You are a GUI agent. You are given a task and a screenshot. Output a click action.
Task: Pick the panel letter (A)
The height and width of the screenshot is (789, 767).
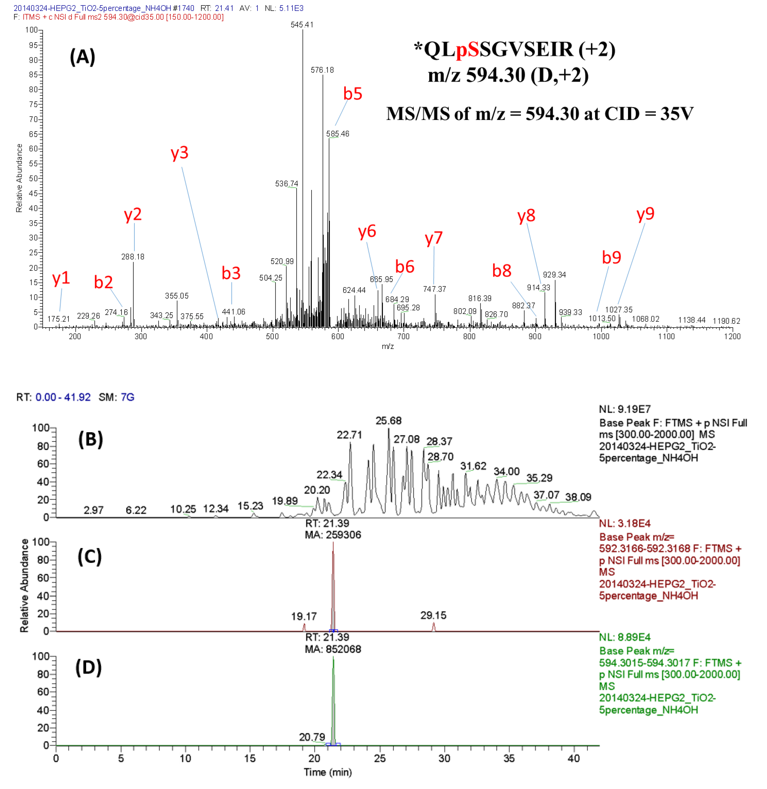coord(83,57)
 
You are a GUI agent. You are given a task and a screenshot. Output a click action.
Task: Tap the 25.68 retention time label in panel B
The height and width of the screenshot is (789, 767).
coord(389,421)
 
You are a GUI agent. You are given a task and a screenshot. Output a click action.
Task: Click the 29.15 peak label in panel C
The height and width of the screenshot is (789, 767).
coord(433,615)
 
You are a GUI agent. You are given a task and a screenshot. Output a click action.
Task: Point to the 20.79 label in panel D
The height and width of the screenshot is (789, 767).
coord(312,737)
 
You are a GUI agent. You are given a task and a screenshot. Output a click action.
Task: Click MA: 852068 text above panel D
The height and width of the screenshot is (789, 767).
coord(333,649)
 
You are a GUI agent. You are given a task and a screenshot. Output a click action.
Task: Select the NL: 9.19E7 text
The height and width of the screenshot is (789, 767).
coord(625,409)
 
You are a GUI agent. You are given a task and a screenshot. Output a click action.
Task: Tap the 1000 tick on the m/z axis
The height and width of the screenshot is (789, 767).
coord(600,337)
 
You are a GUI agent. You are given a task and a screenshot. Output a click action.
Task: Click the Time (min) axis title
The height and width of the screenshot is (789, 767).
coord(328,772)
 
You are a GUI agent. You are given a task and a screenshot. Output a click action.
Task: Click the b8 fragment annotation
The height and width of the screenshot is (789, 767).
coord(501,271)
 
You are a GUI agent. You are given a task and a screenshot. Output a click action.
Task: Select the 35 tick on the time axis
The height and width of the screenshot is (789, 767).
coord(509,758)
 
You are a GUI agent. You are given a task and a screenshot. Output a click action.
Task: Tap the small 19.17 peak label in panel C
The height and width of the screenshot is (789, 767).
coord(304,616)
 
